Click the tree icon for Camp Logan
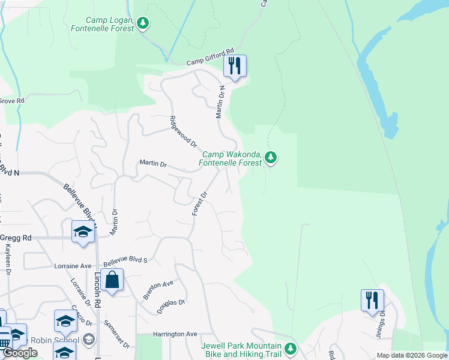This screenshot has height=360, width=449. click(142, 23)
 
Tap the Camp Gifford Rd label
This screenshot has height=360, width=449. click(209, 58)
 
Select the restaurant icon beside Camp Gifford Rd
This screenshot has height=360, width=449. click(235, 65)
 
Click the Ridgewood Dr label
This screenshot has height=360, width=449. click(183, 131)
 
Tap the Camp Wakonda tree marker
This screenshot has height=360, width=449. click(271, 158)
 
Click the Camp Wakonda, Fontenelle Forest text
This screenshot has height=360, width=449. click(231, 158)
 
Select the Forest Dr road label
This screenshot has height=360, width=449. click(199, 204)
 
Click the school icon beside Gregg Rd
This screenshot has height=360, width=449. click(83, 232)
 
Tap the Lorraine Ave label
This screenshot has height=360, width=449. click(73, 265)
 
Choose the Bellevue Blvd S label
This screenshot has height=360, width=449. click(125, 261)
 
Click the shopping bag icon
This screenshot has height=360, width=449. click(112, 280)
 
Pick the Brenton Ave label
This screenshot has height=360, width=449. click(158, 289)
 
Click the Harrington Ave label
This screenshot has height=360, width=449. click(175, 334)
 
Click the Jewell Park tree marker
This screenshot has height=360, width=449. click(291, 348)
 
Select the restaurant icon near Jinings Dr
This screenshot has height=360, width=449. click(372, 299)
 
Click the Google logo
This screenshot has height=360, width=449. click(20, 353)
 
